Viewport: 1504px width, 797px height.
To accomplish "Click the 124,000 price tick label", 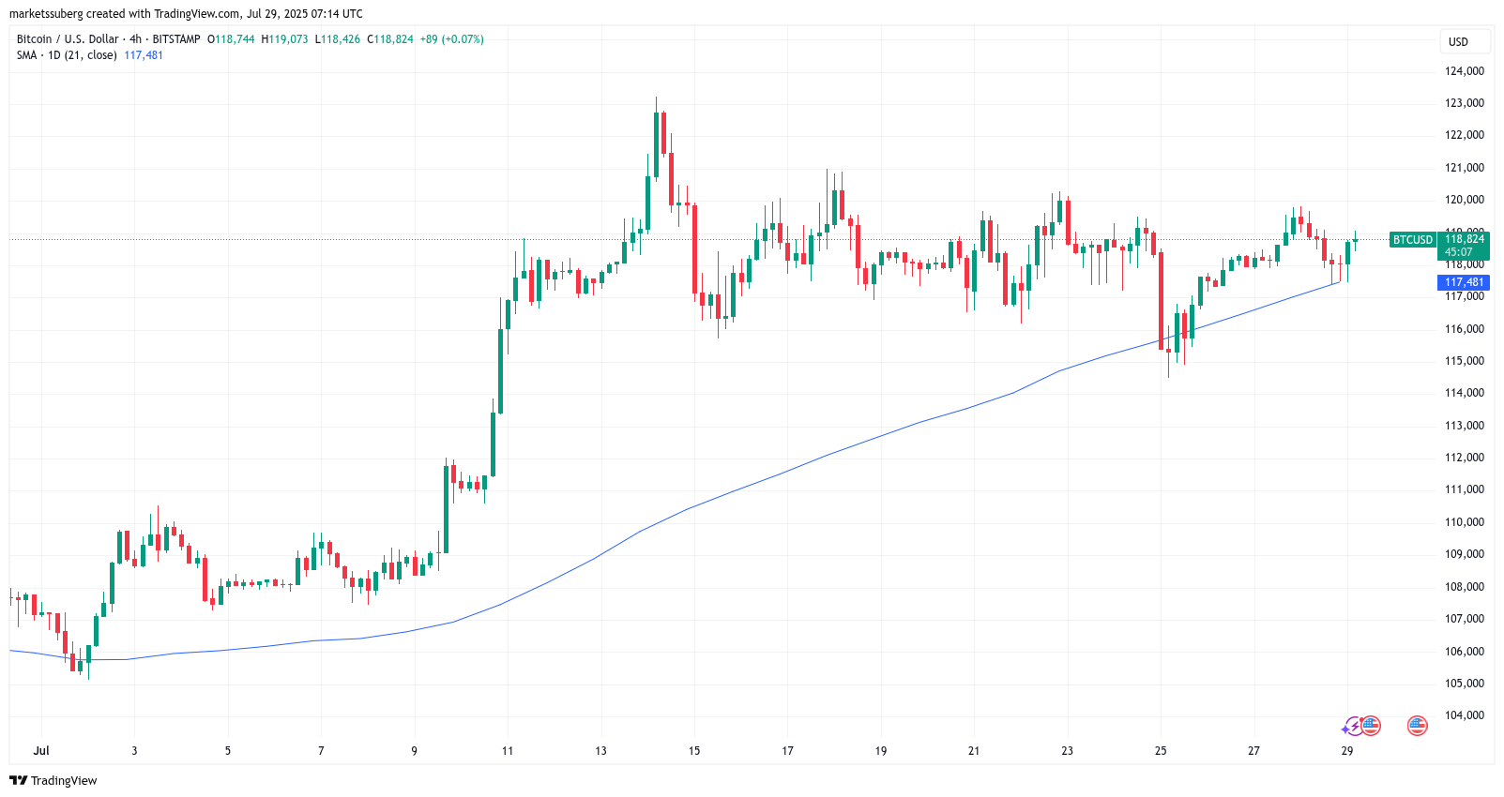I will pyautogui.click(x=1464, y=71).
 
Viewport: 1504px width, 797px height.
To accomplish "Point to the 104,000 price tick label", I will pyautogui.click(x=1464, y=715).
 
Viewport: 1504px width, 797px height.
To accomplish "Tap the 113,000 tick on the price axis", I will pyautogui.click(x=1464, y=426).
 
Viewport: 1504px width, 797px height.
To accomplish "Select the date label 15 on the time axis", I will pyautogui.click(x=694, y=751).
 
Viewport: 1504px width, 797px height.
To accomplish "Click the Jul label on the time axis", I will pyautogui.click(x=41, y=751).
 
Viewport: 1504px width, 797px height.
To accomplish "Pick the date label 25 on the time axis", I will pyautogui.click(x=1161, y=751).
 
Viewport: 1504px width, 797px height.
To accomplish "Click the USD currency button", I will pyautogui.click(x=1458, y=42).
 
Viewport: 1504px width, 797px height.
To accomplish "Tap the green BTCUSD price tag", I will pyautogui.click(x=1413, y=240).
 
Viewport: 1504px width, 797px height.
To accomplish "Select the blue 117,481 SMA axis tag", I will pyautogui.click(x=1464, y=282).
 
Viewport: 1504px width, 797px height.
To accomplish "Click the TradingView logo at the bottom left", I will pyautogui.click(x=53, y=781).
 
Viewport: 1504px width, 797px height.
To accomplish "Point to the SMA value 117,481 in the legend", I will pyautogui.click(x=144, y=55).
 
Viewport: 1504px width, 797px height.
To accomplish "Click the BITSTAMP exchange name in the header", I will pyautogui.click(x=176, y=39).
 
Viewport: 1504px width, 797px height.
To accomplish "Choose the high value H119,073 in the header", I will pyautogui.click(x=284, y=39).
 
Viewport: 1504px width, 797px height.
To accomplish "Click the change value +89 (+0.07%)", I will pyautogui.click(x=451, y=39).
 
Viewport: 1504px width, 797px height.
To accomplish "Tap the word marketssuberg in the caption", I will pyautogui.click(x=46, y=14).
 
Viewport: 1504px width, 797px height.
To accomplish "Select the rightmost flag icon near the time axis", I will pyautogui.click(x=1417, y=726).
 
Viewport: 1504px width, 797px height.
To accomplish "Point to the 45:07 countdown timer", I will pyautogui.click(x=1458, y=252).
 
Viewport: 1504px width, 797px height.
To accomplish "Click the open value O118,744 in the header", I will pyautogui.click(x=231, y=39).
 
